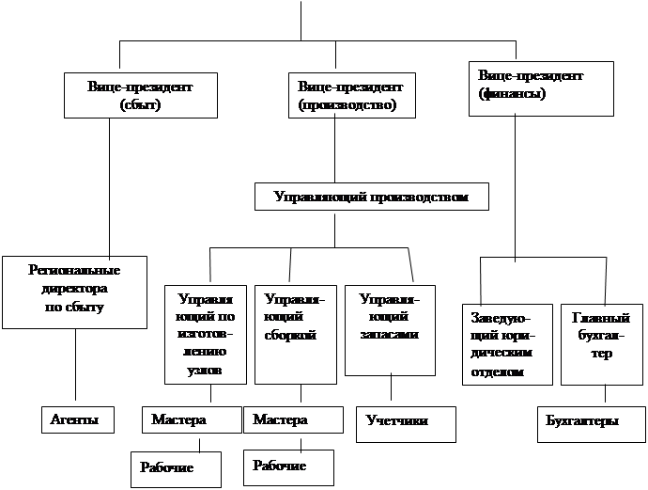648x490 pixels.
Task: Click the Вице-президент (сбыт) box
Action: pos(142,95)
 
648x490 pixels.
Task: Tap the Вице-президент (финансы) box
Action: pos(541,88)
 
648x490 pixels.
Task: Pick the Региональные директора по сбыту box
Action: pos(74,291)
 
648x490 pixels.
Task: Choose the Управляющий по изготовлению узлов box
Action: pos(206,334)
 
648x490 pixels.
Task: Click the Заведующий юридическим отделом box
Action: pos(507,343)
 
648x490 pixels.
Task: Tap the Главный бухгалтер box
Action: pos(601,343)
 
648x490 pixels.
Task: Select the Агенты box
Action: pos(76,419)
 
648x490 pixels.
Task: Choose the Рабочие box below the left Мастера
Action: pos(175,468)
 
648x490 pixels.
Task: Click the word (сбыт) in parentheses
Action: pos(142,104)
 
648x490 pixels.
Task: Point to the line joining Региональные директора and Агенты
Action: pos(74,367)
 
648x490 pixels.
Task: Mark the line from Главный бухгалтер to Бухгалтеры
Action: pos(605,396)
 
